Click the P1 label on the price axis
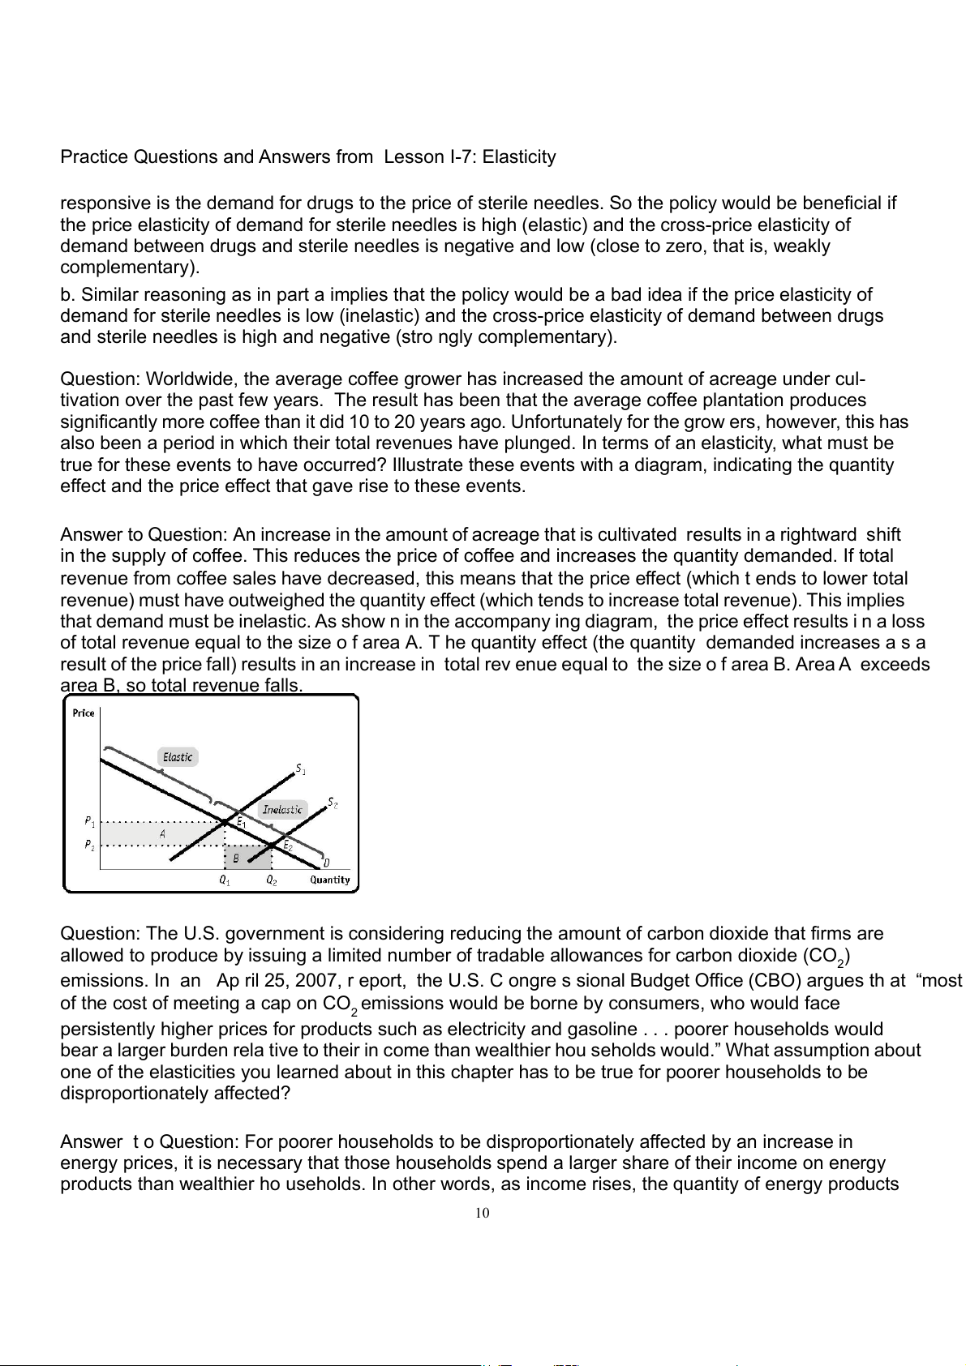[x=90, y=821]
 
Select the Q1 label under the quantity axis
[x=225, y=881]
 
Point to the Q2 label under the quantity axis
[x=272, y=881]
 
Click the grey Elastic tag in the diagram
[x=178, y=757]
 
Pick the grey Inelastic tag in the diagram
[x=282, y=809]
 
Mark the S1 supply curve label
[x=300, y=767]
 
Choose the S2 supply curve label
[x=333, y=803]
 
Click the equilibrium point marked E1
[x=225, y=822]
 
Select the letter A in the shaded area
[x=162, y=833]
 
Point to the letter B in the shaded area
[x=236, y=858]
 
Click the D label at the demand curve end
[x=326, y=863]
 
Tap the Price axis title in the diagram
[x=84, y=713]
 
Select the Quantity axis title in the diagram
[x=330, y=880]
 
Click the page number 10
[x=483, y=1214]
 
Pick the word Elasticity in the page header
[x=519, y=157]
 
